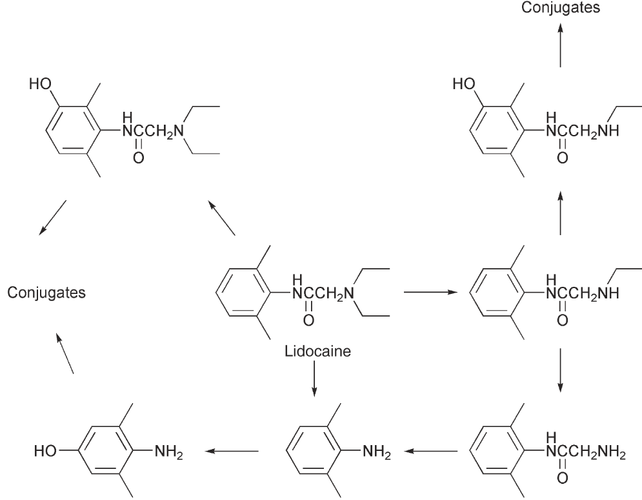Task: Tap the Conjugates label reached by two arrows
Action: [46, 293]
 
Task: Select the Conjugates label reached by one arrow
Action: [560, 8]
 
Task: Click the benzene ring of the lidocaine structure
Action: [238, 293]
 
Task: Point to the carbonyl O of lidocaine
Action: [308, 318]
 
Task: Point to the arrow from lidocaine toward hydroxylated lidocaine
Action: [220, 218]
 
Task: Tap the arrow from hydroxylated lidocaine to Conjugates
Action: [52, 217]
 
